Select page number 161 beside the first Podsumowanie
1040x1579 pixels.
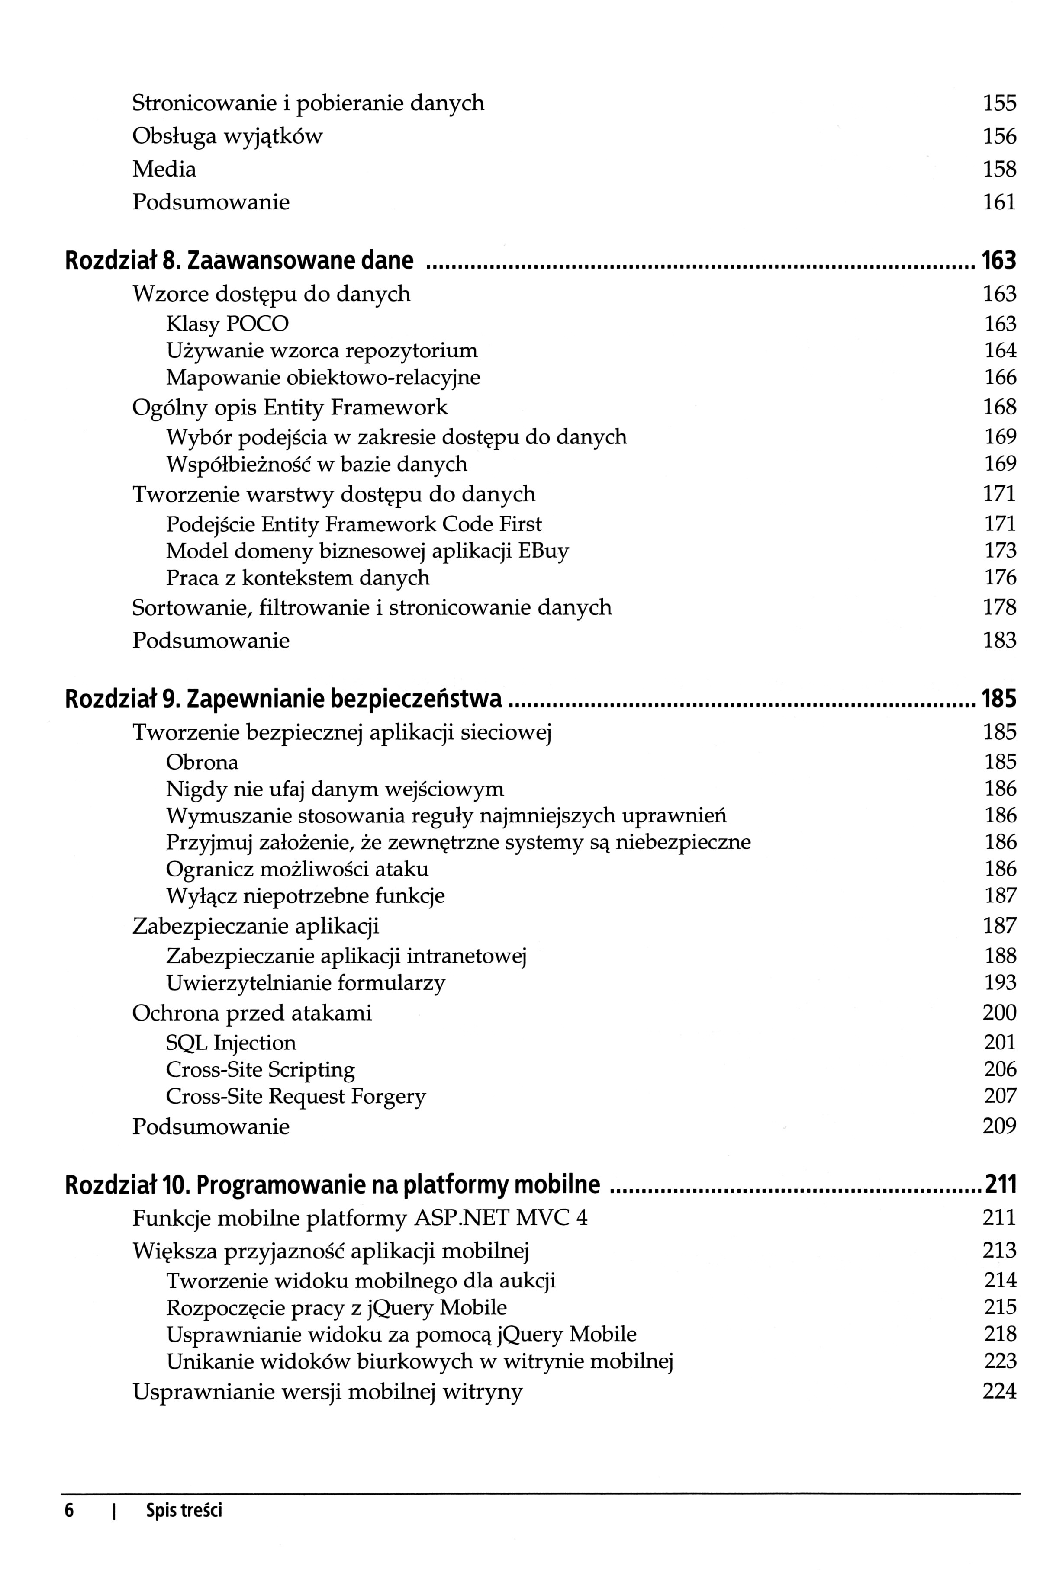coord(999,202)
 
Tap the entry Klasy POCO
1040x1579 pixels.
coord(227,324)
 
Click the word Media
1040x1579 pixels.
coord(164,169)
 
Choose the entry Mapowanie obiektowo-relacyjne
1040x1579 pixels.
coord(322,378)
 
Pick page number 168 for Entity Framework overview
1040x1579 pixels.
coord(999,407)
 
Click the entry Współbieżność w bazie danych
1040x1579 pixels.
coord(316,464)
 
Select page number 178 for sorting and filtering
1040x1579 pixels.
coord(999,607)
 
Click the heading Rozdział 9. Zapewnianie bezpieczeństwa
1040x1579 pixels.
coord(283,699)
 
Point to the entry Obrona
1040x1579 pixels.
coord(202,762)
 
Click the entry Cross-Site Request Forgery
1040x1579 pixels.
coord(295,1096)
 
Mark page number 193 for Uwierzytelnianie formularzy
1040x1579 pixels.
coord(999,982)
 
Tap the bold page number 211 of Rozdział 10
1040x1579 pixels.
coord(999,1184)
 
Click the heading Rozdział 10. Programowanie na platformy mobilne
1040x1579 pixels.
coord(332,1184)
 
